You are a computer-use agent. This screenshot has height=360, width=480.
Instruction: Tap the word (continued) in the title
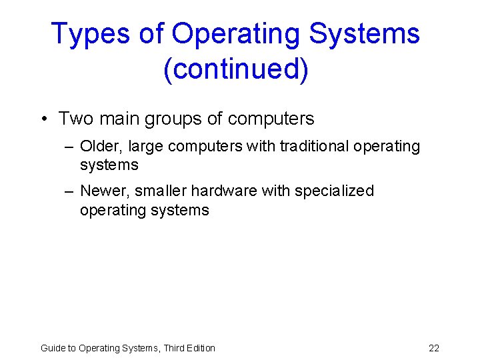(235, 69)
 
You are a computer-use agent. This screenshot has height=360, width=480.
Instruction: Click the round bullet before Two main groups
(43, 119)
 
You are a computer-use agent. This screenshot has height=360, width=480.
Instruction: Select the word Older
(101, 145)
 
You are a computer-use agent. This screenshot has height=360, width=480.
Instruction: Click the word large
(145, 146)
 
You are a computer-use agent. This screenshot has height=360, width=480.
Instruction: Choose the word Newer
(104, 191)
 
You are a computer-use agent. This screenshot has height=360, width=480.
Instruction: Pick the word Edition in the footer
(200, 347)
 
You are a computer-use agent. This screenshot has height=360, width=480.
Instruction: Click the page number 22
(434, 347)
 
